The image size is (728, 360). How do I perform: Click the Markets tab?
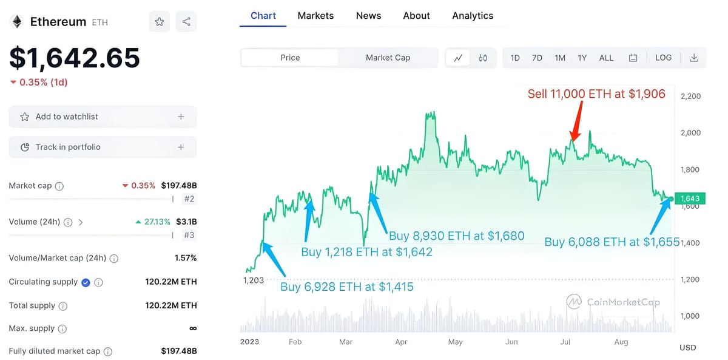[315, 16]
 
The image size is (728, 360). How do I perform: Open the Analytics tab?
[473, 16]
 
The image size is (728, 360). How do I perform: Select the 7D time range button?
[537, 58]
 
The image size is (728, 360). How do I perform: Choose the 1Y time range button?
[582, 58]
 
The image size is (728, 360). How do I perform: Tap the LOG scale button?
[663, 58]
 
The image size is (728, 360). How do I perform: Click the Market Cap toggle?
[388, 58]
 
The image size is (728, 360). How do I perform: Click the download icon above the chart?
[694, 58]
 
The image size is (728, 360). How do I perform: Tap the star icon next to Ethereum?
[160, 22]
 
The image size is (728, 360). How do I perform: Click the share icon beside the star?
[186, 22]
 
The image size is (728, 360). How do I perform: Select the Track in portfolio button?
[103, 147]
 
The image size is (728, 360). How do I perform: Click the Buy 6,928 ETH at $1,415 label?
[346, 287]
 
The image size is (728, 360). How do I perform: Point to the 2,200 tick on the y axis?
[690, 96]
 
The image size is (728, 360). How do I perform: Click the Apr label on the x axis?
[401, 342]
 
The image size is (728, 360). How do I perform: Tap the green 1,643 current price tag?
[690, 199]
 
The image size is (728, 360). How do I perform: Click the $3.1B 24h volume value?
[186, 222]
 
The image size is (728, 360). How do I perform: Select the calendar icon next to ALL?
[633, 58]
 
